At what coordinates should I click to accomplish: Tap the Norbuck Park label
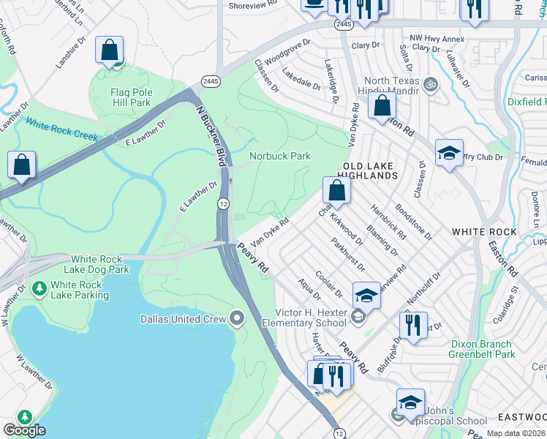(x=280, y=156)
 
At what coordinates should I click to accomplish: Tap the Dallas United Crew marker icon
(x=236, y=318)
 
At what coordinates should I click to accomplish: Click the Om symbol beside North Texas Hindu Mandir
(x=430, y=85)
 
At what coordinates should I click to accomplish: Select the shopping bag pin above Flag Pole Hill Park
(x=109, y=51)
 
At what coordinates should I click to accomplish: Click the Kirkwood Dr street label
(x=346, y=228)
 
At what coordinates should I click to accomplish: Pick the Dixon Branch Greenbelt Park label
(x=483, y=349)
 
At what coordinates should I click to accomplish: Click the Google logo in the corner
(x=25, y=429)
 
